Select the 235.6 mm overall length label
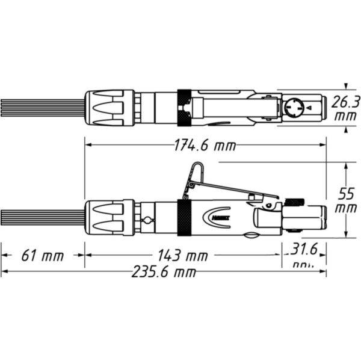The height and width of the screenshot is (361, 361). coord(164,273)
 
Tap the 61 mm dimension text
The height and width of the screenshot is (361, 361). coord(42,256)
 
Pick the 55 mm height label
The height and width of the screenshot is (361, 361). coord(345,201)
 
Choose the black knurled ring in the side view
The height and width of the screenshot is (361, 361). coord(184,216)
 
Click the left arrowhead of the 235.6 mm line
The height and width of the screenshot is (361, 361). coord(4,273)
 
